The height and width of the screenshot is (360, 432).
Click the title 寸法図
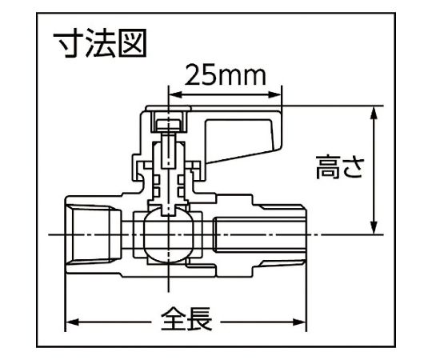click(x=100, y=44)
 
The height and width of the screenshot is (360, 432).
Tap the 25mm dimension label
click(x=226, y=75)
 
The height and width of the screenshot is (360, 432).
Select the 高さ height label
click(x=340, y=167)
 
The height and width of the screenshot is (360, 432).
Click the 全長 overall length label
click(x=186, y=319)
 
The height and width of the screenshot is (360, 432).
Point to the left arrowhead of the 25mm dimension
click(x=174, y=95)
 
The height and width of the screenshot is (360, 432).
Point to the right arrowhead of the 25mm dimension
click(x=275, y=95)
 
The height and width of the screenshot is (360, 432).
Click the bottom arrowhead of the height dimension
click(x=374, y=228)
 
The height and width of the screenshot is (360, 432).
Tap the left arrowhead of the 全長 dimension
click(x=72, y=322)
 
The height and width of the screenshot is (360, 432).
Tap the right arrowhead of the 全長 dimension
click(x=299, y=322)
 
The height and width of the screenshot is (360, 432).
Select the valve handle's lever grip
click(x=242, y=141)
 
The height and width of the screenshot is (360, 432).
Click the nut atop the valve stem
click(x=168, y=126)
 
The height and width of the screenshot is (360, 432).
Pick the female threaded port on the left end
click(x=93, y=235)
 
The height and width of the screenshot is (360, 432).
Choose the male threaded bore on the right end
click(x=259, y=235)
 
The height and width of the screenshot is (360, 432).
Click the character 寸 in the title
click(x=68, y=44)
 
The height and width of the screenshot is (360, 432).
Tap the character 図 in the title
click(x=132, y=44)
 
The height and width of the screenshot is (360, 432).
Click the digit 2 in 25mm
click(x=193, y=75)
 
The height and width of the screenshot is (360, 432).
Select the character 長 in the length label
click(x=200, y=319)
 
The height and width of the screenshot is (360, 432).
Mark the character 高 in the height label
click(x=328, y=167)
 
